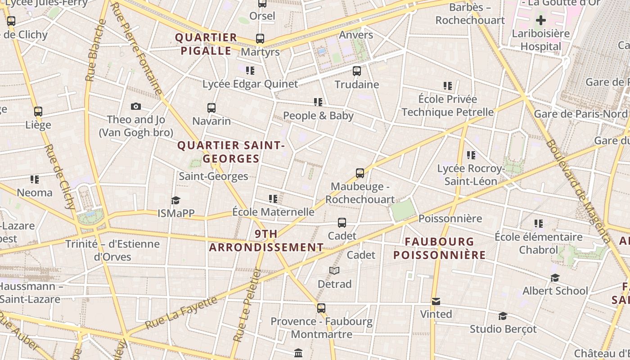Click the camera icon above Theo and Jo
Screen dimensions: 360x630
tap(136, 107)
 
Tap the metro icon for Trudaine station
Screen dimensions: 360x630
tap(357, 71)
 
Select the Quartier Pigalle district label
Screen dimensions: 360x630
tap(206, 44)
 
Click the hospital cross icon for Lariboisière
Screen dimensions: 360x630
tap(541, 20)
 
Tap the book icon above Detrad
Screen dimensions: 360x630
tap(334, 270)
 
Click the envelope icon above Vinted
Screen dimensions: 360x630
tap(436, 301)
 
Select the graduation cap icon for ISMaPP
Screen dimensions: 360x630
tap(175, 200)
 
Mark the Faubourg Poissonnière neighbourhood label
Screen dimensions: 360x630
tap(439, 248)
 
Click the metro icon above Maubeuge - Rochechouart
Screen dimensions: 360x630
tap(360, 173)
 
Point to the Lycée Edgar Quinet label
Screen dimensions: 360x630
tap(250, 84)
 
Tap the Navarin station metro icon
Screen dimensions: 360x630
tap(211, 108)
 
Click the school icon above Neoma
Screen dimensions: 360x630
tap(35, 180)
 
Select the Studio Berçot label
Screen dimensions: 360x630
tap(503, 329)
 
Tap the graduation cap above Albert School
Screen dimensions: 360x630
tap(555, 278)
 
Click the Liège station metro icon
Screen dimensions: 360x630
tap(38, 112)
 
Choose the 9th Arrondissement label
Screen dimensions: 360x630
tap(266, 241)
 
